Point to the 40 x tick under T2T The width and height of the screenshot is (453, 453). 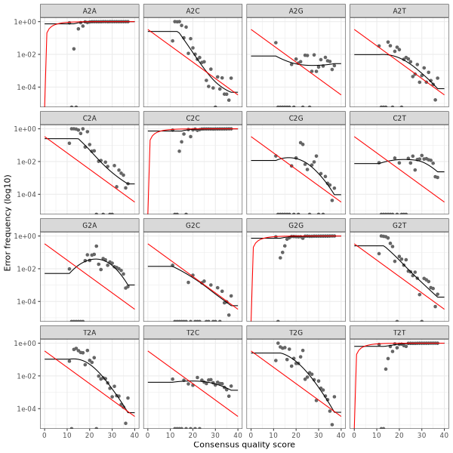coord(444,434)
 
